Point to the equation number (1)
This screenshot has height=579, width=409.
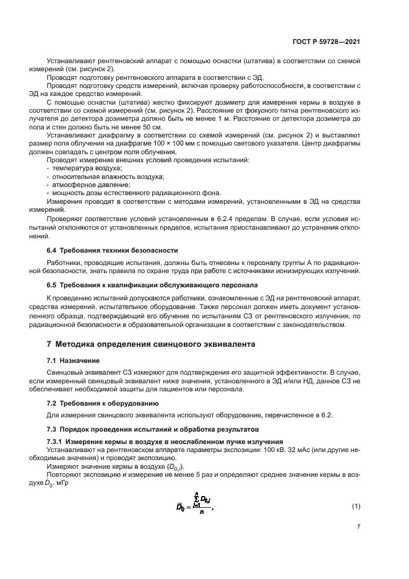tap(356, 507)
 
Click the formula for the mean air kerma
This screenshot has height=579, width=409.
tap(195, 506)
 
